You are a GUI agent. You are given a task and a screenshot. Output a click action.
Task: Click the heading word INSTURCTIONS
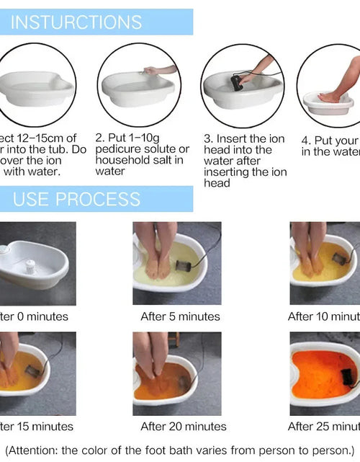tap(76, 21)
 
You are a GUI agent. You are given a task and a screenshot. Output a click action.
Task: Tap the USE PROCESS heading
tap(76, 199)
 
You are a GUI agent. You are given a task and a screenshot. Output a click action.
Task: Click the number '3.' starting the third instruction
tap(209, 138)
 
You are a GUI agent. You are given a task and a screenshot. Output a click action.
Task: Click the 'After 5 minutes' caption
tap(180, 316)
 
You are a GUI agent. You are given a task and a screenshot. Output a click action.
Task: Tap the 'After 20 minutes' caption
tap(183, 427)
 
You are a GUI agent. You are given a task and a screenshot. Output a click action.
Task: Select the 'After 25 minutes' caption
tap(323, 427)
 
